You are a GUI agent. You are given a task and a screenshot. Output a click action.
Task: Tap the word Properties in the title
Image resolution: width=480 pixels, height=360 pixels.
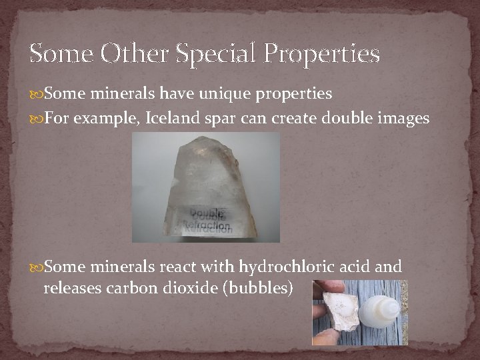(323, 54)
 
